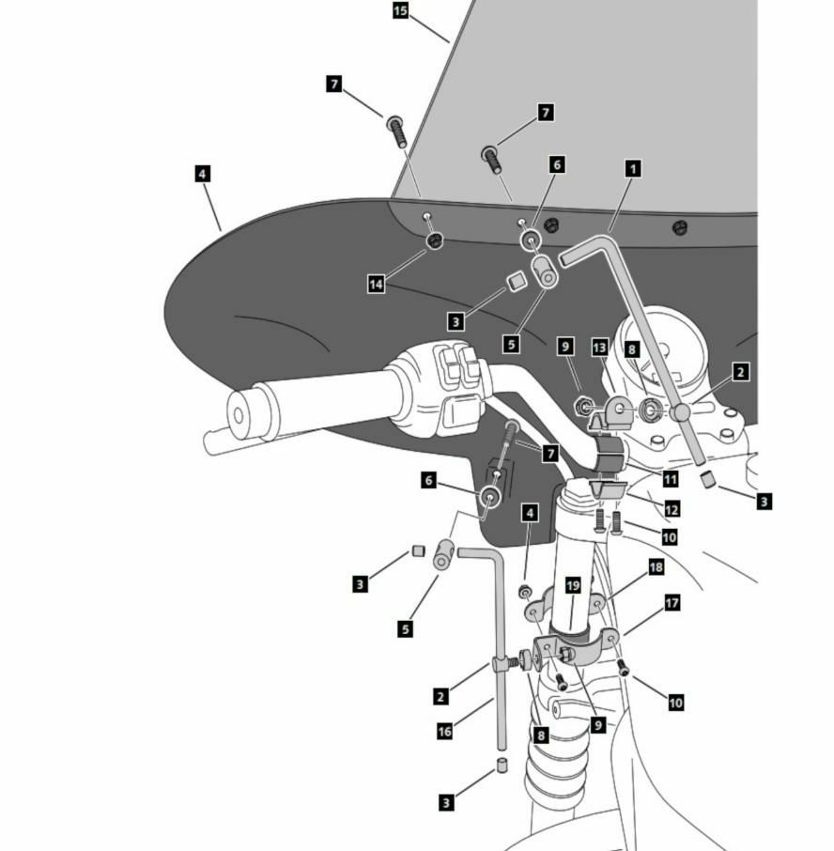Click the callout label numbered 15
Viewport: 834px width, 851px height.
click(x=400, y=11)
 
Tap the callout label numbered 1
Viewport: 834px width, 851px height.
click(x=633, y=169)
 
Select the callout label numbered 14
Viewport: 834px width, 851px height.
click(x=377, y=283)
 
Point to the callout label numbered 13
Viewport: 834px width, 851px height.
click(x=600, y=347)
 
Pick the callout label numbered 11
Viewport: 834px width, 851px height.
click(x=670, y=479)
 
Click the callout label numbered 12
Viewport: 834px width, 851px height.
click(x=671, y=509)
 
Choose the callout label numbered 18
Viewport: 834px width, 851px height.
click(x=656, y=567)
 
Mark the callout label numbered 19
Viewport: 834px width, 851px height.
click(x=574, y=585)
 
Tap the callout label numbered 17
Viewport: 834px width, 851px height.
click(x=672, y=603)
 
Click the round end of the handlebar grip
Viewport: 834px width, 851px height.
click(x=238, y=413)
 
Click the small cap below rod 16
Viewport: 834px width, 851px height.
click(x=502, y=765)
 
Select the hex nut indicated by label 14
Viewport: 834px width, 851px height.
click(x=434, y=242)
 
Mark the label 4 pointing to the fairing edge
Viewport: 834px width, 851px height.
click(x=202, y=174)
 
